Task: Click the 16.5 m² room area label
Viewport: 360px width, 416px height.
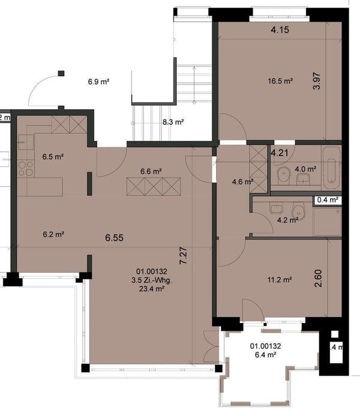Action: [279, 80]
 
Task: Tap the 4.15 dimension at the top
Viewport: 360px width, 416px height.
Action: [280, 29]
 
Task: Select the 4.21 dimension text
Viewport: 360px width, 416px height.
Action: [280, 152]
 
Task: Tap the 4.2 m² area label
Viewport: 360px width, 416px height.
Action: [287, 220]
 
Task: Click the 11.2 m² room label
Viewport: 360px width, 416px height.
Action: [279, 279]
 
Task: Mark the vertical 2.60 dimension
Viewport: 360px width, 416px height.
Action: [318, 279]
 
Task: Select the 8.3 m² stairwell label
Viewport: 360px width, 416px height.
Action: [173, 121]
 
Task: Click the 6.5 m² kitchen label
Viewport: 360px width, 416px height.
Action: [53, 157]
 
